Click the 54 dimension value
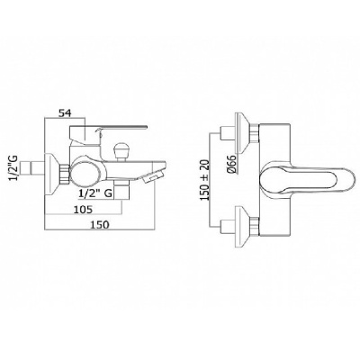coord(65,113)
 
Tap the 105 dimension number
coord(83,209)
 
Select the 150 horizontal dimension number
coord(99,224)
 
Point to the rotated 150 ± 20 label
coord(204,180)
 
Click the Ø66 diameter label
coord(233,165)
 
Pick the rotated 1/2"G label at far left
coord(15,169)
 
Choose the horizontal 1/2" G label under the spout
coord(94,193)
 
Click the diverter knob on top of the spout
coord(121,152)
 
